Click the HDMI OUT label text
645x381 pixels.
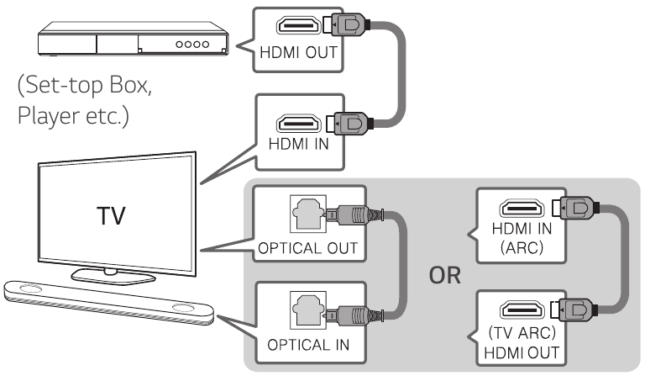[299, 53]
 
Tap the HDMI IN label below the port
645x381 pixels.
[299, 144]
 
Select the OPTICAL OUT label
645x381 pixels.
[308, 248]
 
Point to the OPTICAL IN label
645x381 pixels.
[308, 345]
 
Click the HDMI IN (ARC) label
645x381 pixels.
[522, 238]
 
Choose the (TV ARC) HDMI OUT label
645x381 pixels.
[522, 342]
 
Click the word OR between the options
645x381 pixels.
[444, 276]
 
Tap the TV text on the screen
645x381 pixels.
[111, 216]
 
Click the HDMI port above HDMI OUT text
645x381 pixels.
[298, 25]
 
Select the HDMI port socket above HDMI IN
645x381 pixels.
[299, 124]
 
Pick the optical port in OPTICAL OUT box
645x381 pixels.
[308, 214]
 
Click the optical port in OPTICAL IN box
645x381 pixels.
[308, 310]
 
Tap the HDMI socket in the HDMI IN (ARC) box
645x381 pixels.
[522, 209]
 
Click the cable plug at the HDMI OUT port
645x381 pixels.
[346, 24]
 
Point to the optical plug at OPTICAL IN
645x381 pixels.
[354, 315]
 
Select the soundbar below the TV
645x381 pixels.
[109, 303]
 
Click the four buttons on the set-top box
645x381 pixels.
[192, 44]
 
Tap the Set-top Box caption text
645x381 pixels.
[85, 100]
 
